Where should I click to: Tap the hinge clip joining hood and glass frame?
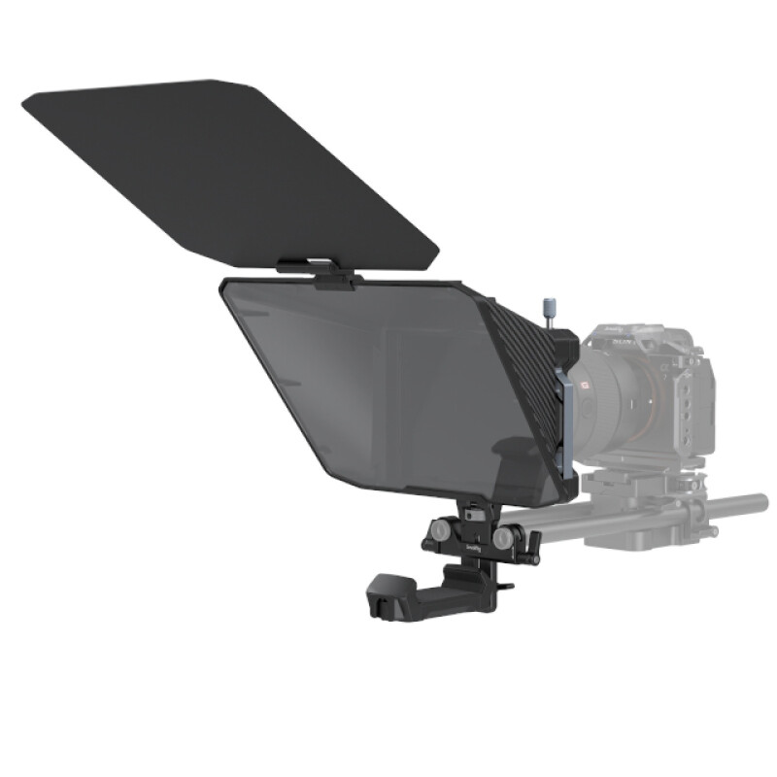click(317, 272)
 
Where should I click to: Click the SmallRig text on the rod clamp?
click(471, 548)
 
